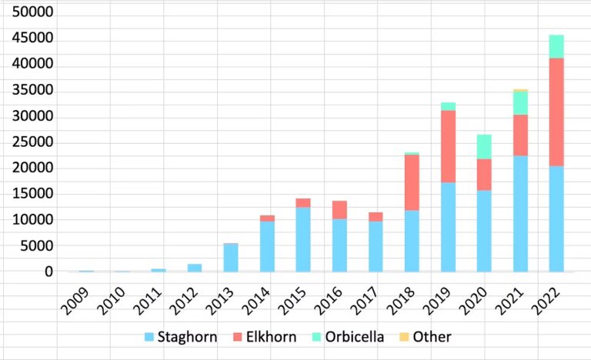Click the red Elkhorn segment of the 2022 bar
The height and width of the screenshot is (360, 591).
click(556, 112)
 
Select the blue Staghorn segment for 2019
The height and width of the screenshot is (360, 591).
click(448, 228)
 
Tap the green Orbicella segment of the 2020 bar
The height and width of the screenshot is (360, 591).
click(484, 147)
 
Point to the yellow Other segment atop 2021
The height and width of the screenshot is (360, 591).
click(520, 91)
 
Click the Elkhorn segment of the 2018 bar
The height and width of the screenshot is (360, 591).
click(412, 182)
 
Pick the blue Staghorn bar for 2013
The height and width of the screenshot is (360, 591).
click(231, 258)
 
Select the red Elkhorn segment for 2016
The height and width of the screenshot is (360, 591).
click(339, 210)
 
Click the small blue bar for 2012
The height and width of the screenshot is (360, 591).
click(195, 268)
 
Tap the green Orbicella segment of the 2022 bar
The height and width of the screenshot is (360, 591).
click(556, 47)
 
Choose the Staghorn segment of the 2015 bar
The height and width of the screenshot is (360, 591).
click(303, 240)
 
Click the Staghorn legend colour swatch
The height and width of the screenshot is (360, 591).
click(149, 337)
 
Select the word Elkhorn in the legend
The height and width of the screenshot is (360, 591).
click(271, 337)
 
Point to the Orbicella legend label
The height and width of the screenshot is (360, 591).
click(354, 337)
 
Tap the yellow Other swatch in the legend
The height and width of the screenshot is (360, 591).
click(404, 337)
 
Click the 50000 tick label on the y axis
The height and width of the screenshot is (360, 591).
click(32, 12)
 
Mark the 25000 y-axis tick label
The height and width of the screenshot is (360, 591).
click(32, 142)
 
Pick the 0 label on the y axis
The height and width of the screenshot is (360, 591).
click(48, 272)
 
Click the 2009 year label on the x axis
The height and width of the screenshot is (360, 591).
click(75, 301)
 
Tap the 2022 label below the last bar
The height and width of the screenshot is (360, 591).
click(546, 301)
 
